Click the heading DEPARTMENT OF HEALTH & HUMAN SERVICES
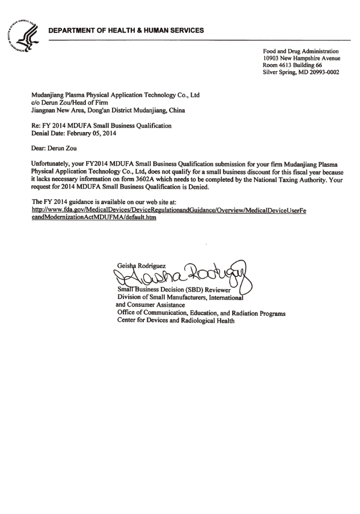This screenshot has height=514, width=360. [126, 30]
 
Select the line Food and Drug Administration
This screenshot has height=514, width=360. [300, 51]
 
